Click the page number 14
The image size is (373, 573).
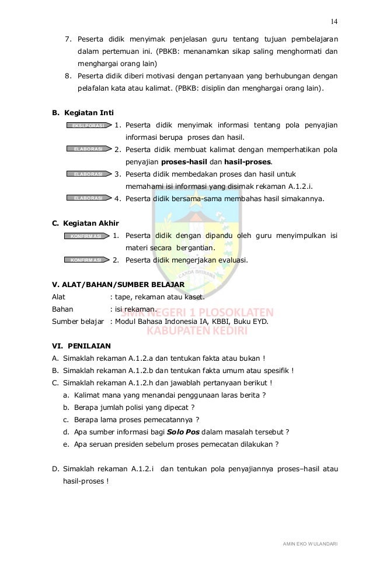(334, 22)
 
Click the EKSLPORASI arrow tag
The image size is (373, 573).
(88, 125)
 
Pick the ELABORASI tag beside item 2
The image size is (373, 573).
(88, 150)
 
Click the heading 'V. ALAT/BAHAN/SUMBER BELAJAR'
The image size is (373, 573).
(118, 285)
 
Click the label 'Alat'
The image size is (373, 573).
(59, 297)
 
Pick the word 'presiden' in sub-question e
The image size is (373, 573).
(135, 444)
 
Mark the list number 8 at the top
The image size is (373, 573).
(68, 76)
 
